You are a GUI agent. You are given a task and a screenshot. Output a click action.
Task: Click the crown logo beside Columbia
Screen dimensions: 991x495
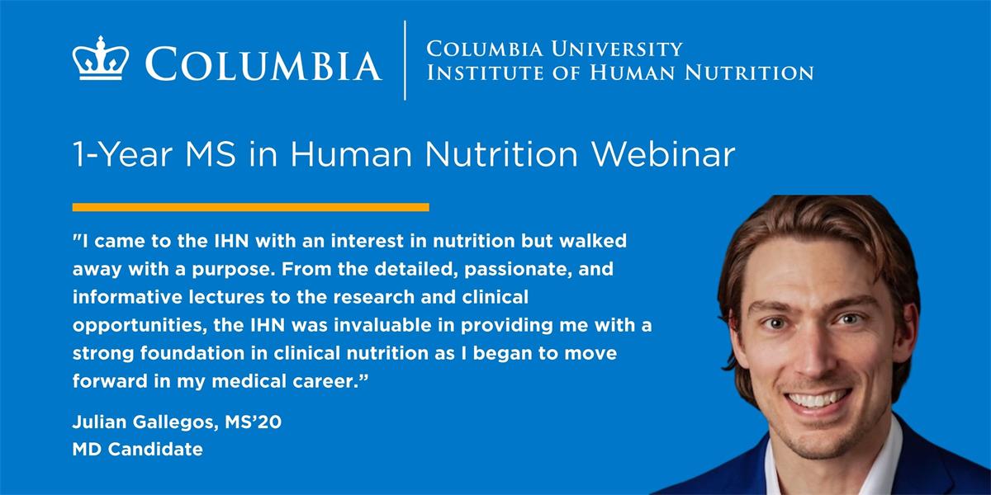[x=101, y=59]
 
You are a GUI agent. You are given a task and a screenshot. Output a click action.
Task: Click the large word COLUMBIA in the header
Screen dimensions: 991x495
[x=263, y=64]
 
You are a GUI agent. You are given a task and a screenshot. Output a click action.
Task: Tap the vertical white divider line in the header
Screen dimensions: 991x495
[x=405, y=60]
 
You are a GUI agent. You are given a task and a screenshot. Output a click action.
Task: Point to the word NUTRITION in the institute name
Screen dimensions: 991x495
[x=749, y=73]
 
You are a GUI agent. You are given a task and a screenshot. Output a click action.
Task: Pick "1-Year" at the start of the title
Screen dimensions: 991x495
[x=122, y=155]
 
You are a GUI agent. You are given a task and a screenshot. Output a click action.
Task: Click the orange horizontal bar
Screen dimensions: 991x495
[x=251, y=207]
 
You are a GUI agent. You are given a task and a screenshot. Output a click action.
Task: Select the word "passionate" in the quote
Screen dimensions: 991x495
[x=518, y=269]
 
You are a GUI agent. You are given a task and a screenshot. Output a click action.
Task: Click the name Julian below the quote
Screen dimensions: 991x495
[x=100, y=422]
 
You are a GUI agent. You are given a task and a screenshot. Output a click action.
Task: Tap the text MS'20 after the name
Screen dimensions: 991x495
[x=253, y=422]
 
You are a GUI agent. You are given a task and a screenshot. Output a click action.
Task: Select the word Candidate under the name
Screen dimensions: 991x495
[x=156, y=450]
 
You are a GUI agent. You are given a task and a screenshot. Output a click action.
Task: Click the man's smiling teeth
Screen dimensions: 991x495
[x=818, y=400]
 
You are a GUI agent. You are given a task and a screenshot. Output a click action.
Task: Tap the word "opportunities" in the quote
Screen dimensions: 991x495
[x=140, y=326]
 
